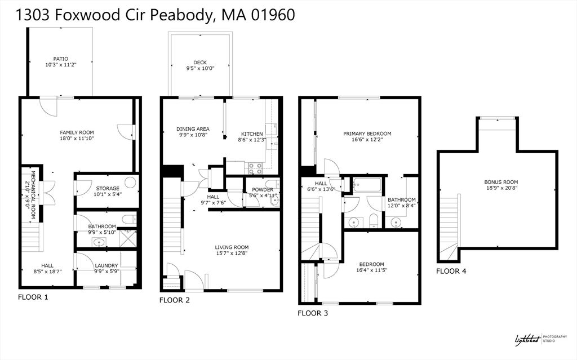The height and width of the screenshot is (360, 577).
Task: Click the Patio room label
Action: click(x=61, y=58)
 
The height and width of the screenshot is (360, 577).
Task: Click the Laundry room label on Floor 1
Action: click(x=106, y=265)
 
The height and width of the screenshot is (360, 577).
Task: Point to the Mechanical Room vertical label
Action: click(x=34, y=190)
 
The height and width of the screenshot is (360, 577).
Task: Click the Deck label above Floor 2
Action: click(x=200, y=63)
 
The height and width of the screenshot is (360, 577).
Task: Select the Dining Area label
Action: click(x=193, y=129)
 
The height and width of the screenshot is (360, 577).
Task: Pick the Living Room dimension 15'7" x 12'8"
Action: click(x=232, y=254)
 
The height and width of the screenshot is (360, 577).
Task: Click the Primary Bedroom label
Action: click(x=367, y=134)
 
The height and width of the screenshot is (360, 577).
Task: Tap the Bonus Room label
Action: click(x=500, y=182)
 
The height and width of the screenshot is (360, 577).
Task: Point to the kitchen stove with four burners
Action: click(x=254, y=167)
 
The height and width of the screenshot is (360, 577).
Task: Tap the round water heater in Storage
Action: click(x=130, y=182)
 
